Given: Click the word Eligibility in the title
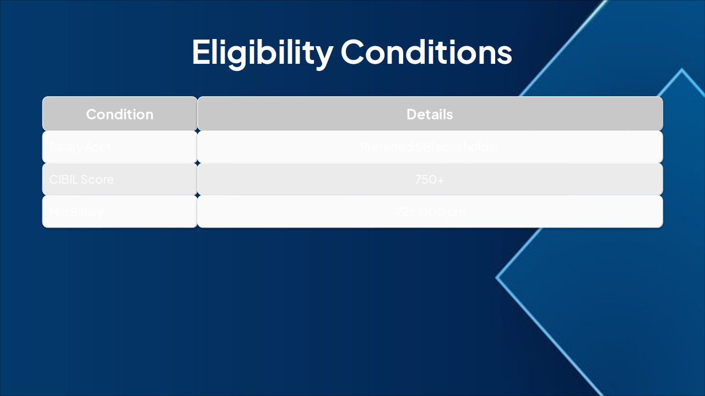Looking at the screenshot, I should (262, 53).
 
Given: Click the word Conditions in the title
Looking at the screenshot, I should (426, 53).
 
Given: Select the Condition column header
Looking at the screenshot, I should (120, 114).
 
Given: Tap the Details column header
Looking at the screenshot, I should (430, 114).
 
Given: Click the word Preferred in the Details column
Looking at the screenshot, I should (386, 147).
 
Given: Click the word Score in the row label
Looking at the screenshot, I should (97, 179).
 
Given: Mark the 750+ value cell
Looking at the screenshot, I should (430, 179).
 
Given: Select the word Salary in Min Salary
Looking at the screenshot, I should (86, 212).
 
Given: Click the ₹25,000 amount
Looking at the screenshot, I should (421, 212).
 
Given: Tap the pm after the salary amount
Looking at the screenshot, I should (457, 212).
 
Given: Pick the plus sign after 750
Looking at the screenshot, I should (440, 179).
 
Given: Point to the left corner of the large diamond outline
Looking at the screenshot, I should (497, 278).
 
